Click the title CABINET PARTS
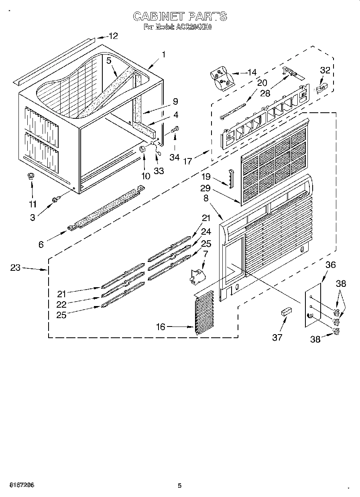point(179,16)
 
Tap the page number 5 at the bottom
point(180,486)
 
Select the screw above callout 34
point(175,130)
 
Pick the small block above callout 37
point(286,312)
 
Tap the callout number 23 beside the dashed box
point(15,268)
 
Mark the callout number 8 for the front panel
point(206,197)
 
